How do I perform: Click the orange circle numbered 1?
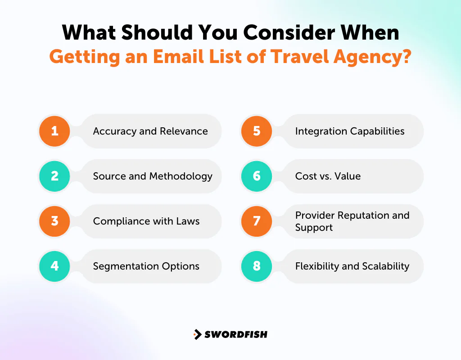pyautogui.click(x=54, y=131)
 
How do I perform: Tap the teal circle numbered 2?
pyautogui.click(x=54, y=176)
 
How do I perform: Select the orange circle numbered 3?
pyautogui.click(x=54, y=221)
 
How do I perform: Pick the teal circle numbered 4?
pyautogui.click(x=54, y=266)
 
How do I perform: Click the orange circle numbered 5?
pyautogui.click(x=257, y=131)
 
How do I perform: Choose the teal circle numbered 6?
pyautogui.click(x=257, y=176)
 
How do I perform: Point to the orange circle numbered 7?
pyautogui.click(x=257, y=221)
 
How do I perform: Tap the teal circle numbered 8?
pyautogui.click(x=257, y=266)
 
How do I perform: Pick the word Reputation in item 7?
pyautogui.click(x=357, y=215)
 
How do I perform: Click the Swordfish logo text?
pyautogui.click(x=236, y=334)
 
